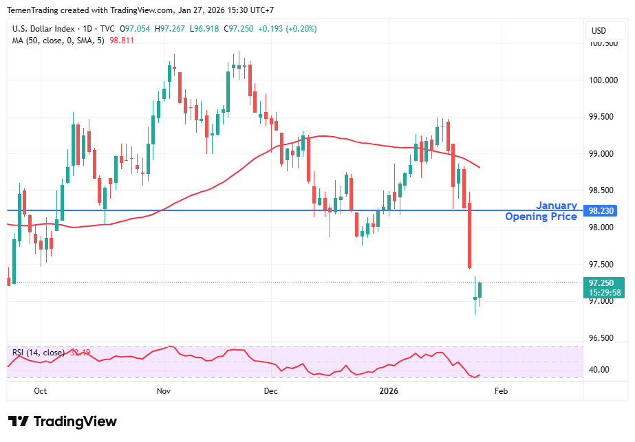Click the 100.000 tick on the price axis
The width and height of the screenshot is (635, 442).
pos(603,80)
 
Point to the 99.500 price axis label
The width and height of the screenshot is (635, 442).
pos(603,117)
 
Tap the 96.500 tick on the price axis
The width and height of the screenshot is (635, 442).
pos(603,338)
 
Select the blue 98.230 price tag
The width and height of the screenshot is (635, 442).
pos(603,211)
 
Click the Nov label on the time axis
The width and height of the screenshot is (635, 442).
pos(163,391)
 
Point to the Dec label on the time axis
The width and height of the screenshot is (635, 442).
pos(270,391)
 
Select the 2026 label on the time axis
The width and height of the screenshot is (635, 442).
pos(389,391)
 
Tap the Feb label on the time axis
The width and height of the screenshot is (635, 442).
pos(502,391)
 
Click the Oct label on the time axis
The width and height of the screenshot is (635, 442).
pos(41,391)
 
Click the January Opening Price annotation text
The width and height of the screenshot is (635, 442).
pos(541,211)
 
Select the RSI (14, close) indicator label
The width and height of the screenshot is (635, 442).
pos(39,353)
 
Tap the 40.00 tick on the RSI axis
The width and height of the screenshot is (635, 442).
pos(600,370)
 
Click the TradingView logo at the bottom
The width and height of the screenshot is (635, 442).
pos(63,421)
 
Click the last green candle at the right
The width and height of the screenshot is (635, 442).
pos(480,290)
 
